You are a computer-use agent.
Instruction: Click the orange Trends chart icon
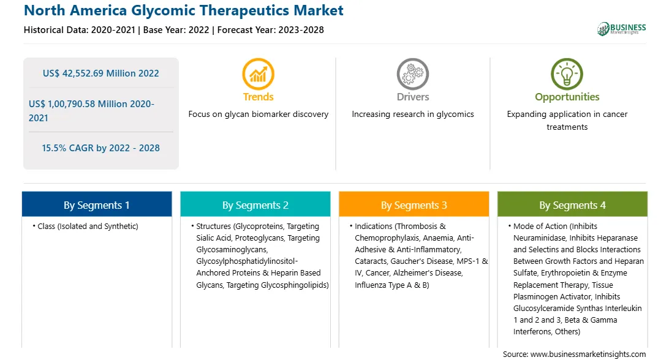(258, 74)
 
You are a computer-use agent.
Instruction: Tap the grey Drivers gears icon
(412, 74)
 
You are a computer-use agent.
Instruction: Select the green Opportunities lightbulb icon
(567, 74)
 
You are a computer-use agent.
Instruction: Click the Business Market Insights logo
(622, 29)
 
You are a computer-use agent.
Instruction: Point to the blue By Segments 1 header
(97, 204)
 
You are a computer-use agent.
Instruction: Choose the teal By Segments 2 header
(255, 204)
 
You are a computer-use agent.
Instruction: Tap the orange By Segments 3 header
(414, 204)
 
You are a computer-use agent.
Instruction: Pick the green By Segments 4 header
(572, 204)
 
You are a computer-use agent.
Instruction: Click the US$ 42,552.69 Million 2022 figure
(100, 73)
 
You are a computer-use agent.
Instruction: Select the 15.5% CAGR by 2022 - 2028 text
(100, 148)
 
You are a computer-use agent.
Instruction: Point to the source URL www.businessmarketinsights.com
(588, 354)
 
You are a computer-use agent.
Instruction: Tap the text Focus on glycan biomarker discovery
(258, 114)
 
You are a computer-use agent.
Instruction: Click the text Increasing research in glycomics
(412, 114)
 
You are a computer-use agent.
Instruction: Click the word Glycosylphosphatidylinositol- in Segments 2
(247, 261)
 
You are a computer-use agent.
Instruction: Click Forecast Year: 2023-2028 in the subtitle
(271, 30)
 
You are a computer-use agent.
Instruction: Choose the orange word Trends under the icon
(258, 97)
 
